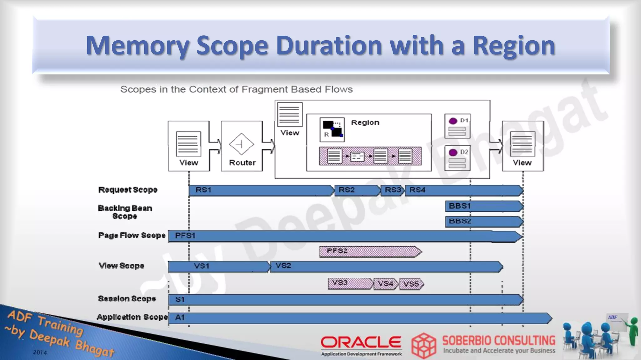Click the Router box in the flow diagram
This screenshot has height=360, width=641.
[242, 146]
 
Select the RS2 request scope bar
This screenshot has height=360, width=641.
[357, 190]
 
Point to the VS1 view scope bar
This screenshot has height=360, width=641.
[219, 266]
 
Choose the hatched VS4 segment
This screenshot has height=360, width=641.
[386, 284]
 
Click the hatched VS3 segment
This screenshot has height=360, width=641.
[350, 283]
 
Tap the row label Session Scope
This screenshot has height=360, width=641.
[127, 299]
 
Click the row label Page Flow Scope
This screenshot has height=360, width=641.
[131, 235]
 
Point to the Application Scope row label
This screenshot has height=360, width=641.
[132, 317]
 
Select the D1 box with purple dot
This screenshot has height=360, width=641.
[457, 126]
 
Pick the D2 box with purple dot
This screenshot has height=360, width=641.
[457, 158]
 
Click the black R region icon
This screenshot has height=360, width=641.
[332, 129]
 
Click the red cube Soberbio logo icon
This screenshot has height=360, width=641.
[424, 346]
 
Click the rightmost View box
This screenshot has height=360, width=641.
[522, 146]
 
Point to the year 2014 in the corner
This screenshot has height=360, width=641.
[40, 352]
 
